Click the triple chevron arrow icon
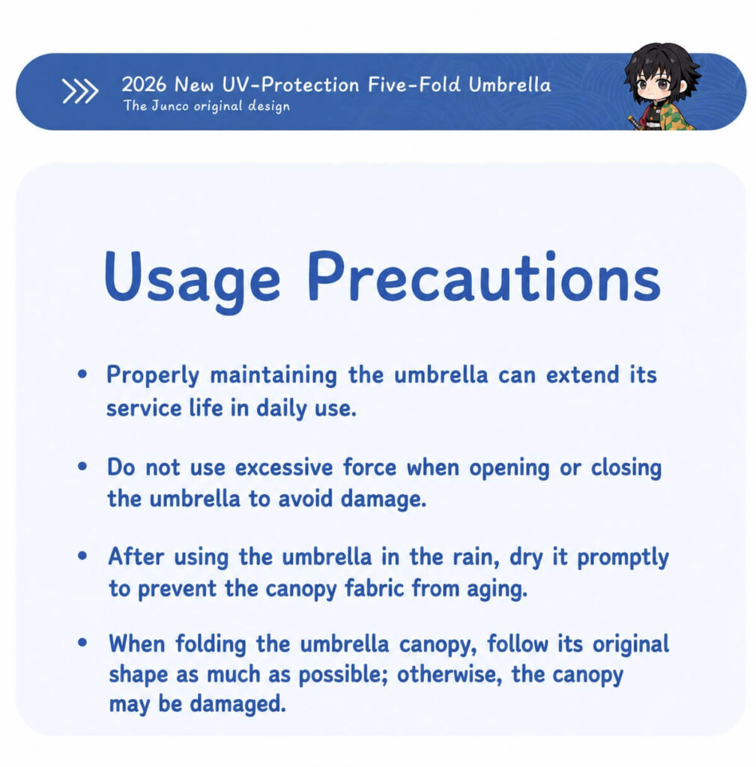79,91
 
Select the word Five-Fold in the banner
414,85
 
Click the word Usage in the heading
192,279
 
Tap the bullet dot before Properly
82,375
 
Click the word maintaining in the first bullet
273,376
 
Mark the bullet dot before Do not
82,466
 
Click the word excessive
284,467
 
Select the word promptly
623,557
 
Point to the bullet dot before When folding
82,643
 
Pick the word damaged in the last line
238,704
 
